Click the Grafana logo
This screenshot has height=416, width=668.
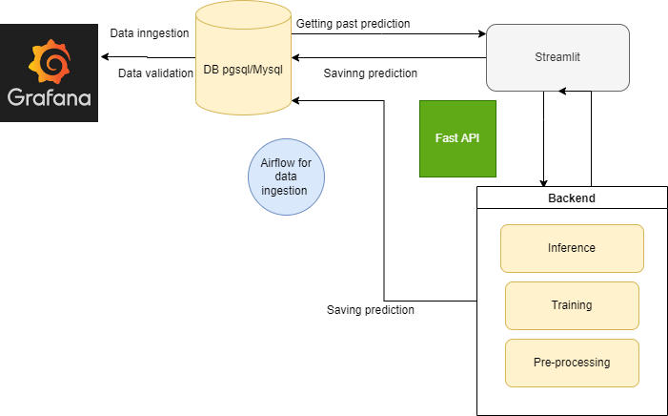click(49, 74)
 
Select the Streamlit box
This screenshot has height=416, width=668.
click(557, 57)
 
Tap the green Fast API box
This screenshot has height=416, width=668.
click(457, 138)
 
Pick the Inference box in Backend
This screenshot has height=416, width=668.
click(572, 248)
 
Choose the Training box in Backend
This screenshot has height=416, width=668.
click(572, 305)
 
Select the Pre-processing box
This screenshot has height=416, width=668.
click(572, 363)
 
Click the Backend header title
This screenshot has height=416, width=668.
click(572, 198)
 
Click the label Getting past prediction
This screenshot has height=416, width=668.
click(353, 23)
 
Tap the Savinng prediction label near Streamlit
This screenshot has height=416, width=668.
click(370, 73)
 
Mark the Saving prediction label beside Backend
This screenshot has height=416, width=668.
click(370, 309)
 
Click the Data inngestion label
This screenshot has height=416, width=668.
click(150, 33)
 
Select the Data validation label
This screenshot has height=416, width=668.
click(154, 73)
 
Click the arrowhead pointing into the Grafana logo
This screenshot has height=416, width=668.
click(103, 56)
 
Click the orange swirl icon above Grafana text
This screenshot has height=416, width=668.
click(49, 59)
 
